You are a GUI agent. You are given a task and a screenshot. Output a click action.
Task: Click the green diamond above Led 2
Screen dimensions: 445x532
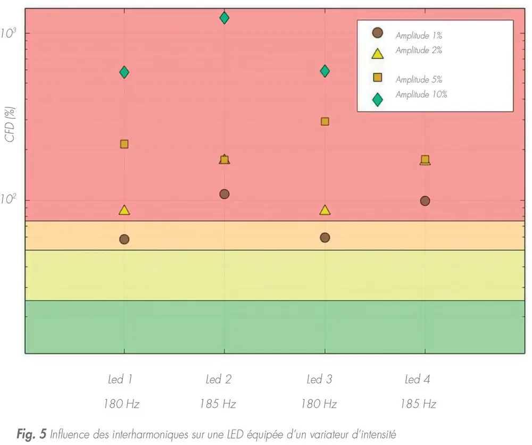(x=224, y=18)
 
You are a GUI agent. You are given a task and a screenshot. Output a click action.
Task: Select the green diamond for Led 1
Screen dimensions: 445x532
(x=124, y=72)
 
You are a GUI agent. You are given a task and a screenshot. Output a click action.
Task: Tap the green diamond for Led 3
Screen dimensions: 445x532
(x=325, y=71)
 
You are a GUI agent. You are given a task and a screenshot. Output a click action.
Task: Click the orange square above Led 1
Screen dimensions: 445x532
(x=124, y=144)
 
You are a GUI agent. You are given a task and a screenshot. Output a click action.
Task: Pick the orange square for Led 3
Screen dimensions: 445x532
(x=325, y=121)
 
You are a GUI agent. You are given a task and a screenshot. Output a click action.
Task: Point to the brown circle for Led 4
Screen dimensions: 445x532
(x=425, y=201)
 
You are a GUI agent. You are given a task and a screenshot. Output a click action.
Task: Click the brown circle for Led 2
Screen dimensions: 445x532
(x=224, y=194)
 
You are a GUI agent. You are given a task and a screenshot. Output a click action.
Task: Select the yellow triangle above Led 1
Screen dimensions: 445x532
(x=124, y=211)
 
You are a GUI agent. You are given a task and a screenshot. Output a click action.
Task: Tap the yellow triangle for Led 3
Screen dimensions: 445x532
(x=325, y=211)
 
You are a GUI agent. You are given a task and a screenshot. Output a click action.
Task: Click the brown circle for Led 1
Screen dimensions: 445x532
(x=124, y=239)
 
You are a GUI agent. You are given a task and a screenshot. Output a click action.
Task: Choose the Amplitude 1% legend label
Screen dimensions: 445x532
(x=419, y=36)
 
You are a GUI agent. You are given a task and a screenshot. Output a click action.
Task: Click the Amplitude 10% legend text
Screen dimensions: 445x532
(x=421, y=95)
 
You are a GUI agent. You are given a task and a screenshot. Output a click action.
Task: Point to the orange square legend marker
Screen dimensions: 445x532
(x=377, y=78)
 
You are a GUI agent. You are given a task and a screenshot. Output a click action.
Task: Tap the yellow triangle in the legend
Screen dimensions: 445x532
(x=377, y=53)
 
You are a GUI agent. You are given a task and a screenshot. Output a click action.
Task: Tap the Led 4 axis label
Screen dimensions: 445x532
(x=417, y=380)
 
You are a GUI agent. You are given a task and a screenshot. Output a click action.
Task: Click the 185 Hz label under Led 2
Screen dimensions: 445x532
(x=218, y=404)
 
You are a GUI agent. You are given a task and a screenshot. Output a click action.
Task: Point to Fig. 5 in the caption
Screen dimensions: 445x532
(x=31, y=435)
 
